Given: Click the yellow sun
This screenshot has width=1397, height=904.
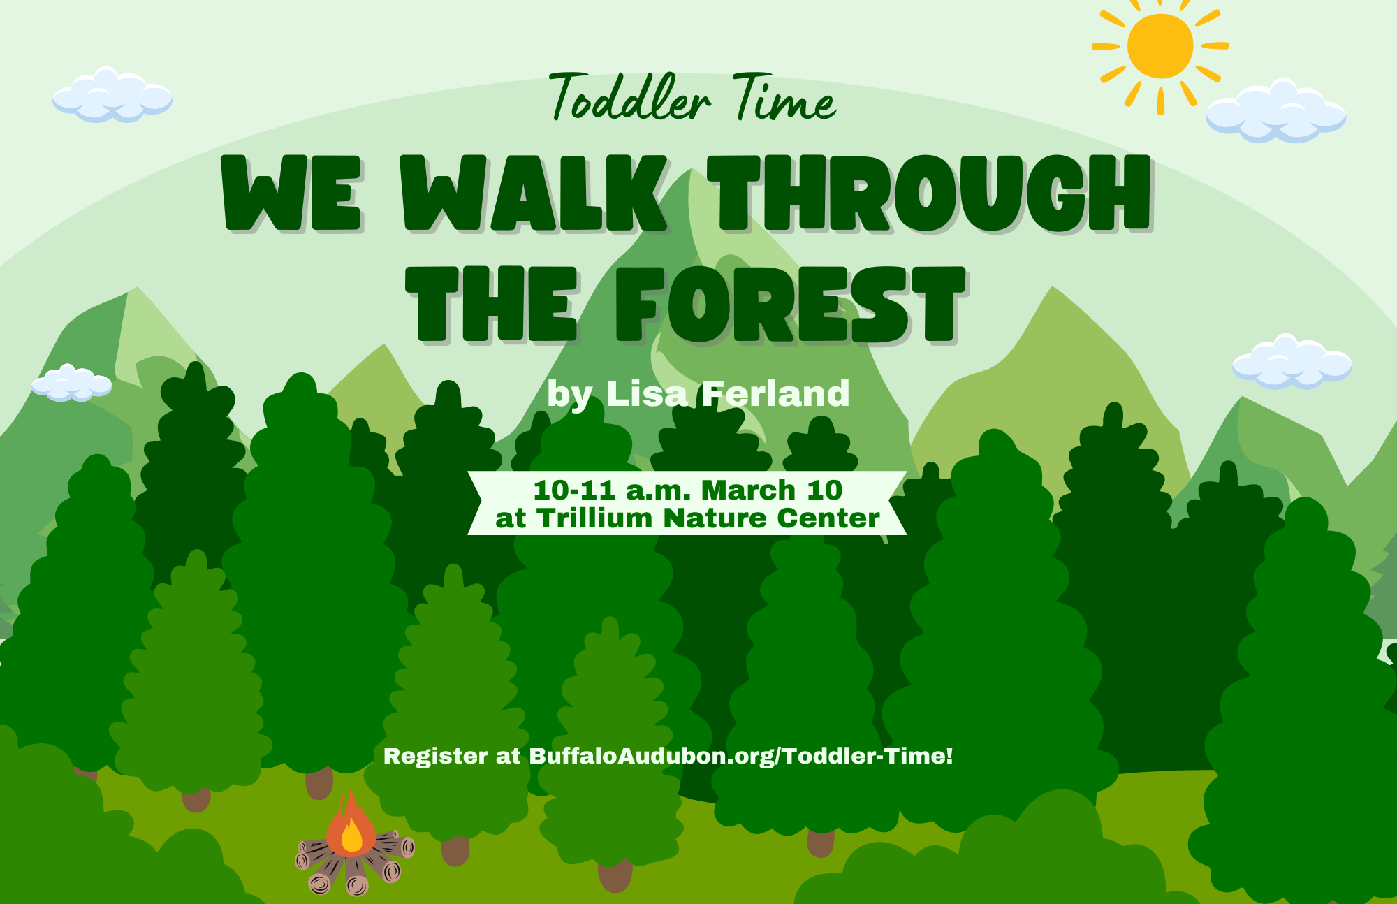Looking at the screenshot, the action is [x=1160, y=46].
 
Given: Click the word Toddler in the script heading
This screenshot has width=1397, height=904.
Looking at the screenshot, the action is [x=629, y=97].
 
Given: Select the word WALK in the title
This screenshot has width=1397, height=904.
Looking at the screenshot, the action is [x=534, y=194].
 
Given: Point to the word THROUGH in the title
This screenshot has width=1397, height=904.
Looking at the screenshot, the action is [x=930, y=194].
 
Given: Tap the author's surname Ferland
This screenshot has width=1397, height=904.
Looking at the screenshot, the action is [x=776, y=394].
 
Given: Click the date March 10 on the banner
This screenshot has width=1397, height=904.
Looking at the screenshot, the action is [x=772, y=490].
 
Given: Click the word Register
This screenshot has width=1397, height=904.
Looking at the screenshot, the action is [x=436, y=757].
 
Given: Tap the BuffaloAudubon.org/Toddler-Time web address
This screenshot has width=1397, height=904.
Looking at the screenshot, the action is [x=741, y=756].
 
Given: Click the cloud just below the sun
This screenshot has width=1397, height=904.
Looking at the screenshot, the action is [x=1276, y=112].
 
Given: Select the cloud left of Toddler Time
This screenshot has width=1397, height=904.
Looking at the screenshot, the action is [x=112, y=96].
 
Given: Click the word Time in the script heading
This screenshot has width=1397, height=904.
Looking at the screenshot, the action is [x=784, y=97].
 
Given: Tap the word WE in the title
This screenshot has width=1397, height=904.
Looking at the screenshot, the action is [x=292, y=194].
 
